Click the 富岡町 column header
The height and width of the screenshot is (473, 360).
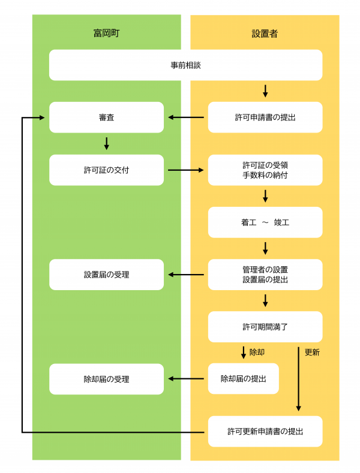[106, 34]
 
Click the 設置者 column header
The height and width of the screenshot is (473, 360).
[265, 34]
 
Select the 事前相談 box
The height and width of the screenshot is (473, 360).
[185, 65]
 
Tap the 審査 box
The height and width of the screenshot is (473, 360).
[106, 118]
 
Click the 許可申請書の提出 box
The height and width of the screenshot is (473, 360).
[265, 118]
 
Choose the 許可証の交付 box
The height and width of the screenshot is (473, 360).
[106, 170]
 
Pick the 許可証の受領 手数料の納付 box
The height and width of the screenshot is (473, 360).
[265, 170]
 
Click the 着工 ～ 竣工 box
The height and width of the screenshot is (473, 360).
[265, 222]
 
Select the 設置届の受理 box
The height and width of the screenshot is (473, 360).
[106, 275]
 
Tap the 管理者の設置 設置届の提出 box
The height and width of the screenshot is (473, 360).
[265, 275]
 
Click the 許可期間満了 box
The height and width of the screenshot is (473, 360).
[265, 327]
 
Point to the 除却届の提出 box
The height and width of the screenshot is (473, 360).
[243, 379]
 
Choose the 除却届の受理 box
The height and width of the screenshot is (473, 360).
[106, 379]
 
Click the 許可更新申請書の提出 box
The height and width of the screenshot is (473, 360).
[265, 431]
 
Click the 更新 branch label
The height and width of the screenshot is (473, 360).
[312, 353]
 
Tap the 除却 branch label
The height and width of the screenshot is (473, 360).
[257, 353]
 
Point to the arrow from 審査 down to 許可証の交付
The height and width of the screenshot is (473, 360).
[106, 143]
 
